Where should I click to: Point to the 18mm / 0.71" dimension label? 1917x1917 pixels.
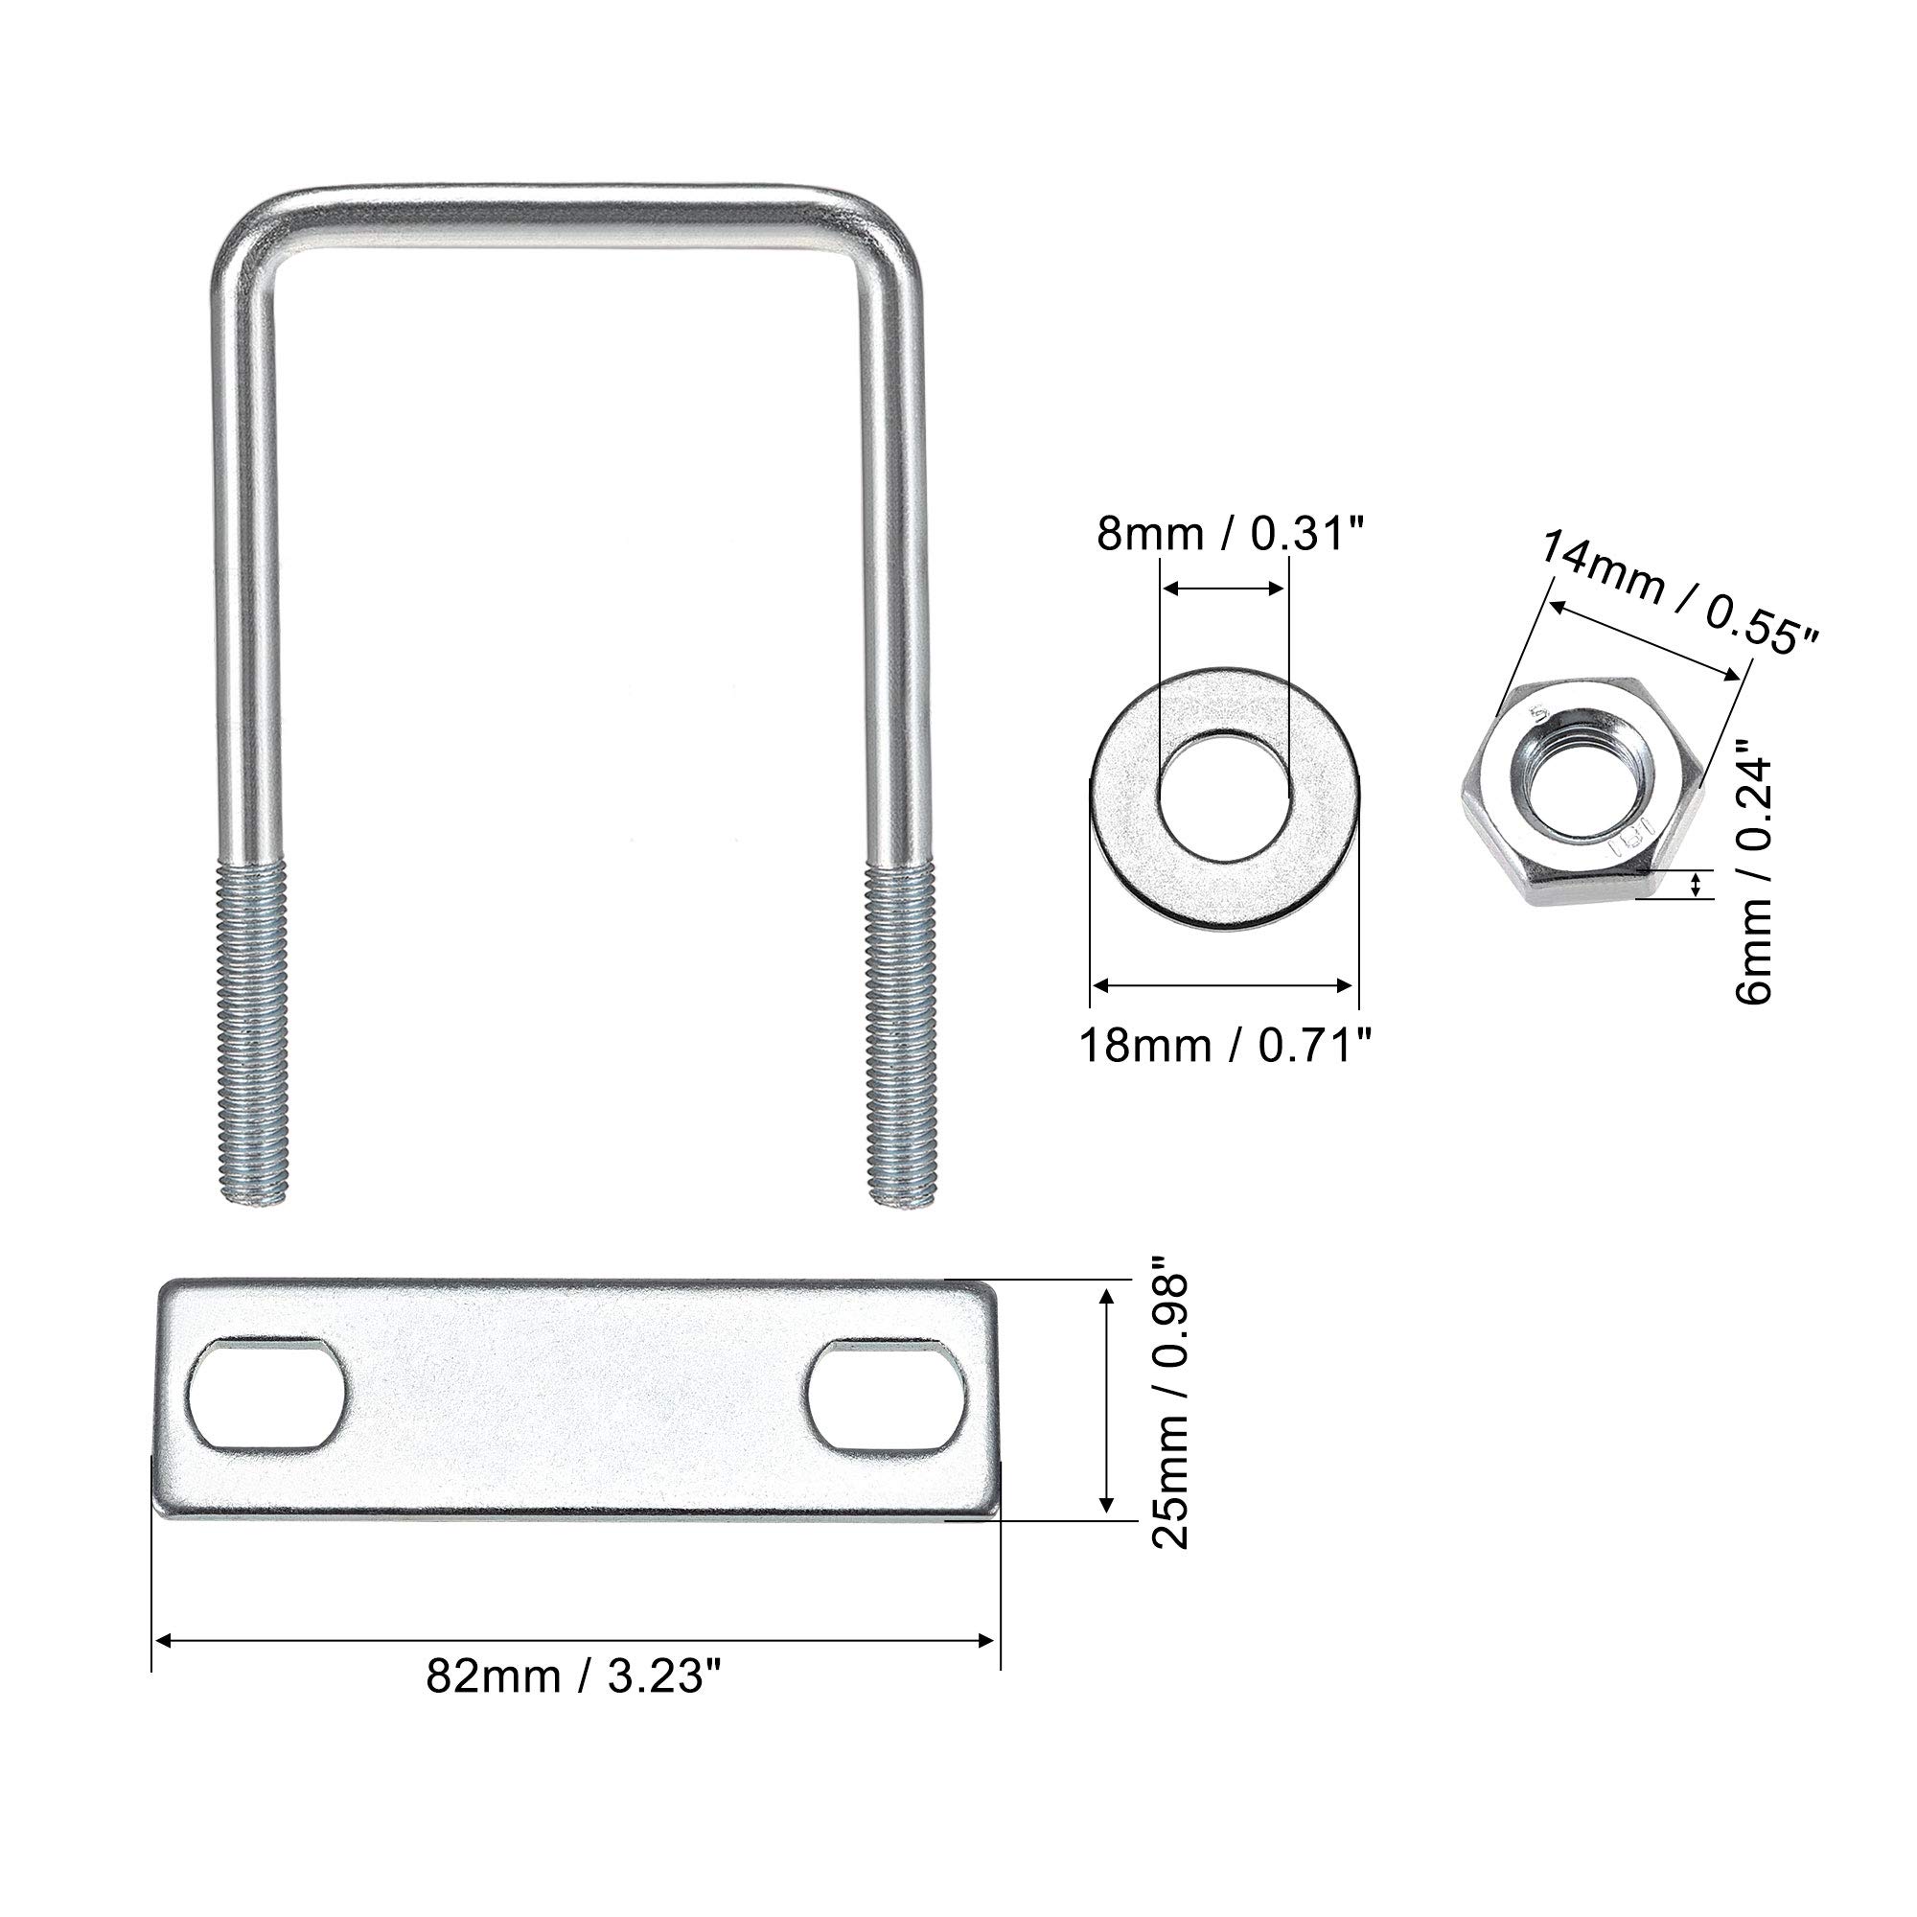click(1227, 1046)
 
